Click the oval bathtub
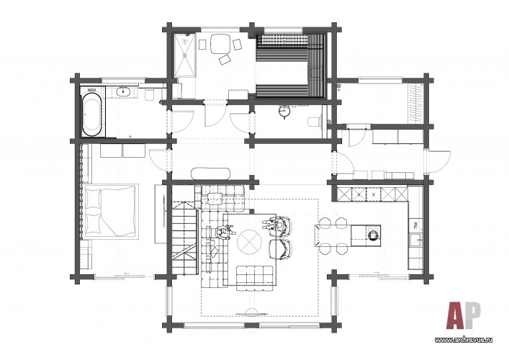coord(92,114)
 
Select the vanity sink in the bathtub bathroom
coord(124,92)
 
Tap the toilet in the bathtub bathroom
coord(150,95)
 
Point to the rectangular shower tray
coord(185,55)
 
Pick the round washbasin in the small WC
coord(284,112)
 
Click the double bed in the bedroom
coord(110,211)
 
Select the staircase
coord(184,238)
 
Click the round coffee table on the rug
coord(249,242)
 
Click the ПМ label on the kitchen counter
coord(415,224)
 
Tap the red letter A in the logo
coord(456,315)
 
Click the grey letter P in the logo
coord(474,315)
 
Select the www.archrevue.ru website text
coord(463,340)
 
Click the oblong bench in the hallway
coord(211,174)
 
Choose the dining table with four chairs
coord(332,235)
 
